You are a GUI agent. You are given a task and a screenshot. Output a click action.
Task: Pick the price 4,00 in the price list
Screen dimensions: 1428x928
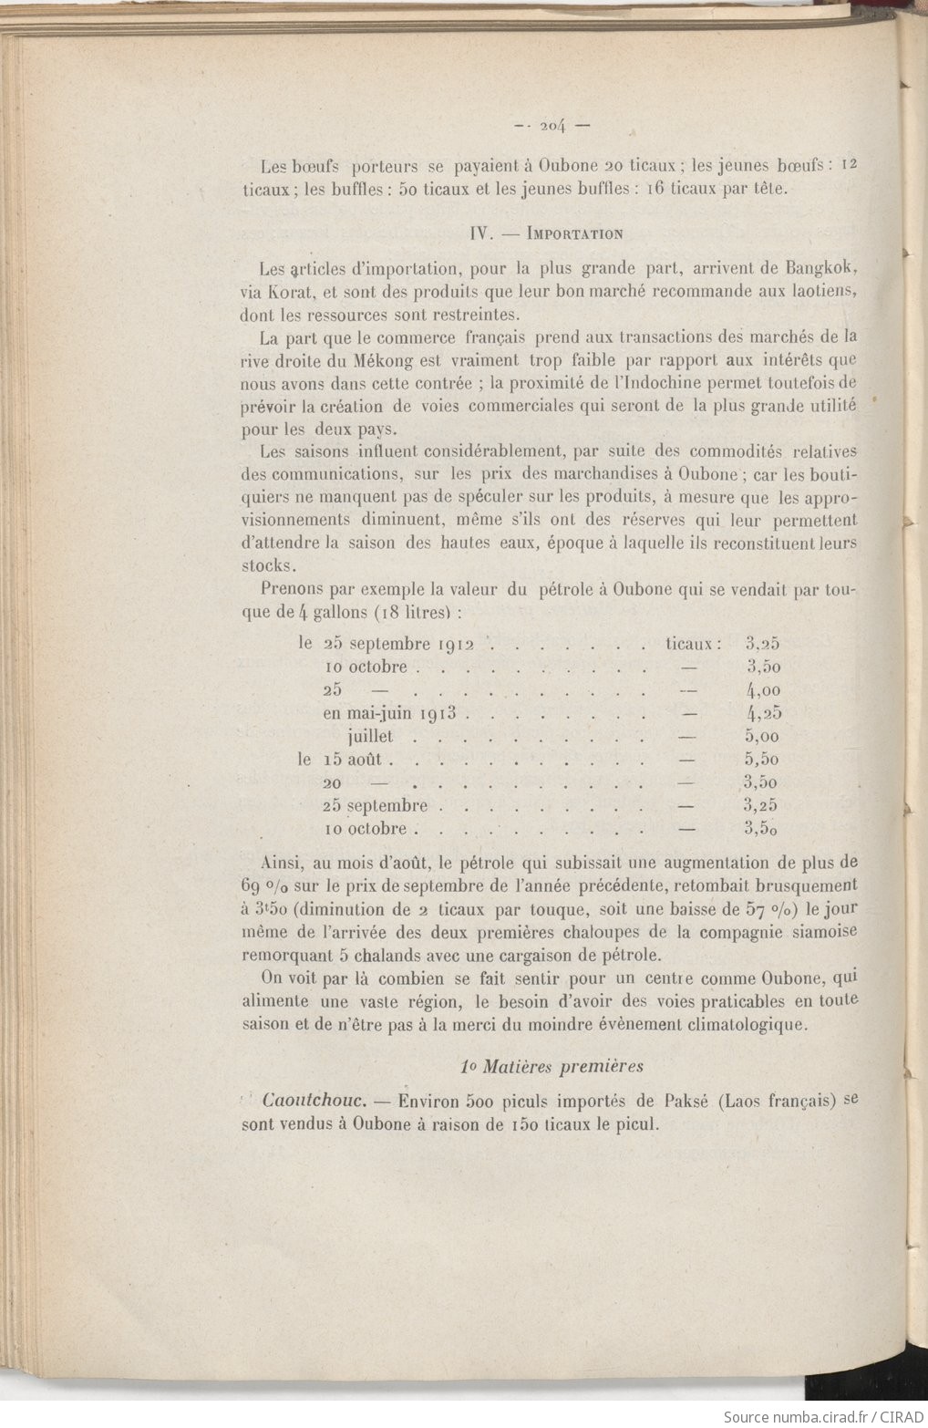pyautogui.click(x=762, y=691)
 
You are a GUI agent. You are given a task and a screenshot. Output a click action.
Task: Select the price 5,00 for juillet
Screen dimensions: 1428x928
pyautogui.click(x=762, y=737)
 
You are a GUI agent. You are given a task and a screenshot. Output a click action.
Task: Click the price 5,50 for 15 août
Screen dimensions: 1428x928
pyautogui.click(x=762, y=760)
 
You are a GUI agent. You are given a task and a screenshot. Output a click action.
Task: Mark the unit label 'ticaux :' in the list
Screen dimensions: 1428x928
pyautogui.click(x=693, y=645)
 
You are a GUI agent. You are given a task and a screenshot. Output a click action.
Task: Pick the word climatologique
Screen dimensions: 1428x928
pyautogui.click(x=728, y=1023)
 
